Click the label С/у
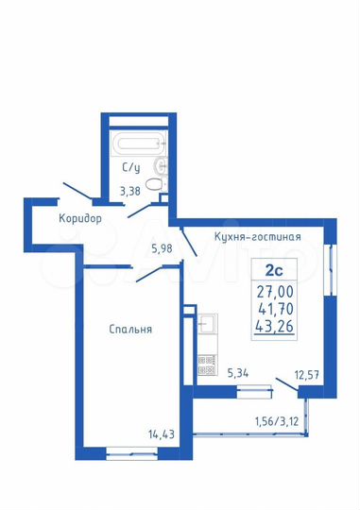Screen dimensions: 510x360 tap(131, 169)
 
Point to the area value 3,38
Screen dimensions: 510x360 tap(130, 193)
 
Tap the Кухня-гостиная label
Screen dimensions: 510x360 tap(257, 236)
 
